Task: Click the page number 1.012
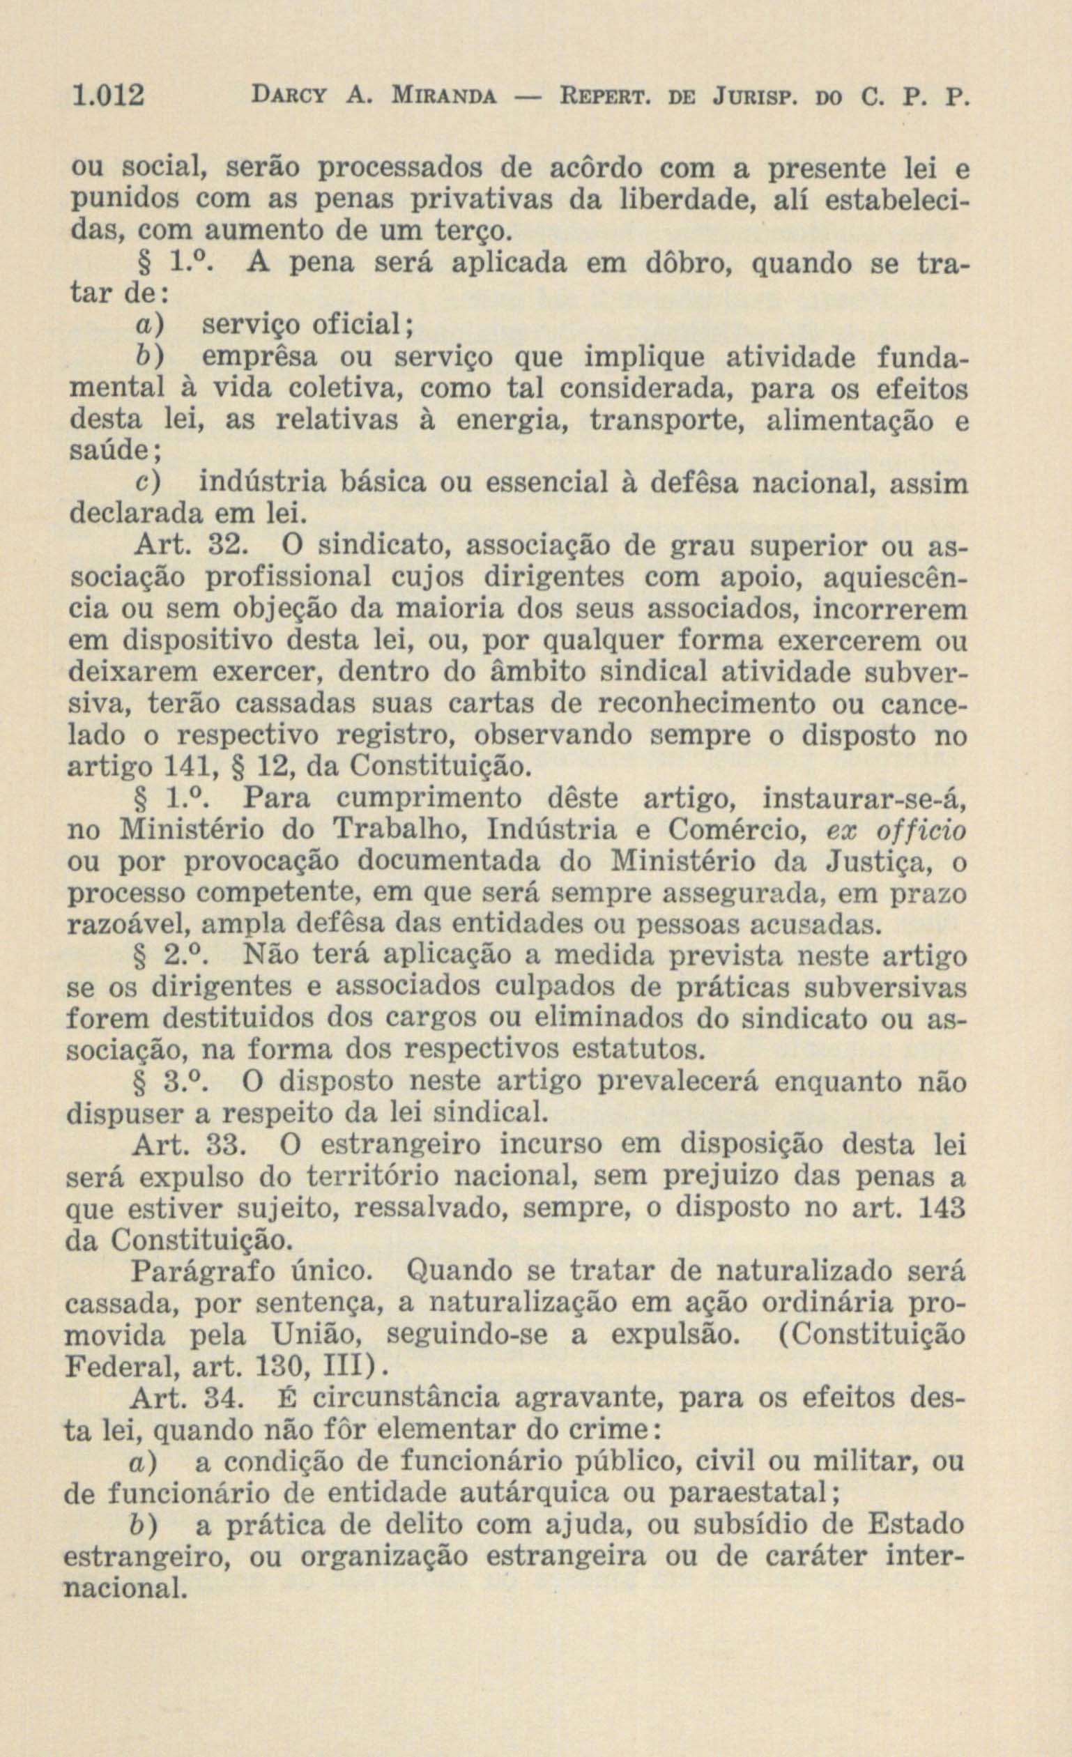click(106, 95)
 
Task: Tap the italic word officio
click(920, 831)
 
